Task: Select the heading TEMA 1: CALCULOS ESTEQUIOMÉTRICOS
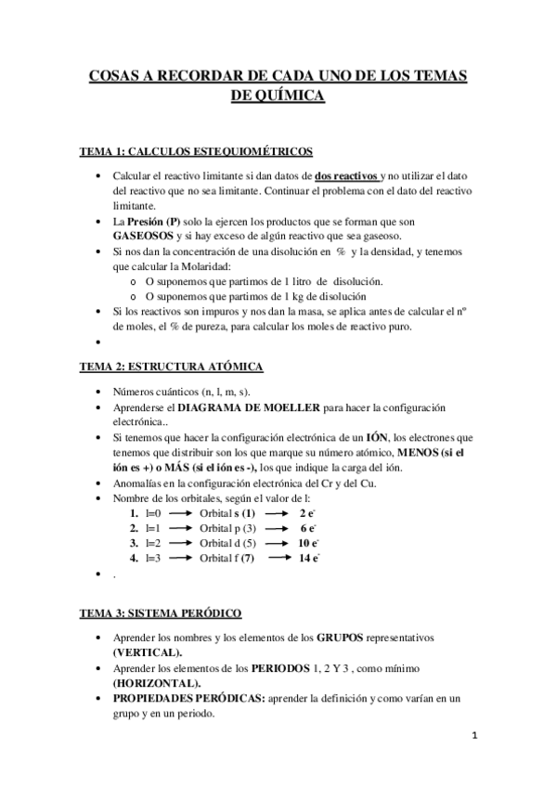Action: pyautogui.click(x=195, y=152)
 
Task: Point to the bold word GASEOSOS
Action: pyautogui.click(x=145, y=237)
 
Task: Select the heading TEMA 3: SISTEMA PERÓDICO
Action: pyautogui.click(x=161, y=613)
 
